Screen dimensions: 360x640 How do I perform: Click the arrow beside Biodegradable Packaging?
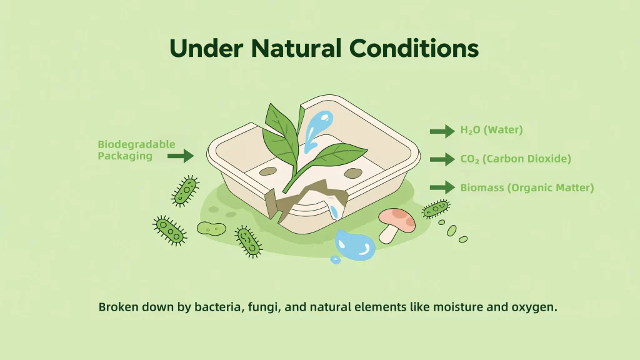(x=181, y=156)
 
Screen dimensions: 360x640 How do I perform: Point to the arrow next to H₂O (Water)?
(x=442, y=131)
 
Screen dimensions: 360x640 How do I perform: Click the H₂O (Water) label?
(x=491, y=131)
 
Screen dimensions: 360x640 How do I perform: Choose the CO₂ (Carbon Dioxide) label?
(x=516, y=159)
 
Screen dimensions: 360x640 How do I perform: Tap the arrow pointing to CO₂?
(x=442, y=159)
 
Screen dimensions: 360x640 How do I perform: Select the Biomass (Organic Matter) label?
(x=527, y=187)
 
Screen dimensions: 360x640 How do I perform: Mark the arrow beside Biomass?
(x=442, y=187)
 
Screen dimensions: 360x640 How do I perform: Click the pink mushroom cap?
(x=397, y=218)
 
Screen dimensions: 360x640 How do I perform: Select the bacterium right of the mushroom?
(x=435, y=209)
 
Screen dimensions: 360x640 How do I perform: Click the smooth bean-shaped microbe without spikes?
(x=211, y=228)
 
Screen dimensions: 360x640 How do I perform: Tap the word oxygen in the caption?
(x=535, y=307)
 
